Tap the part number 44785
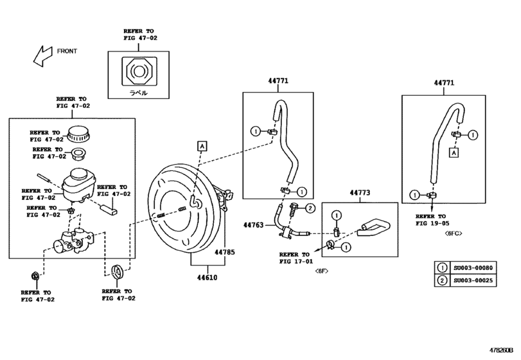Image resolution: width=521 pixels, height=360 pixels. coord(224,252)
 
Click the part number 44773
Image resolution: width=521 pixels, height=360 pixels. coord(360,192)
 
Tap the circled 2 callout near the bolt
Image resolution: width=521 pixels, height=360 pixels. coord(309,208)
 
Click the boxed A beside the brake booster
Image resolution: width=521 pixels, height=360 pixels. coord(202,147)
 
